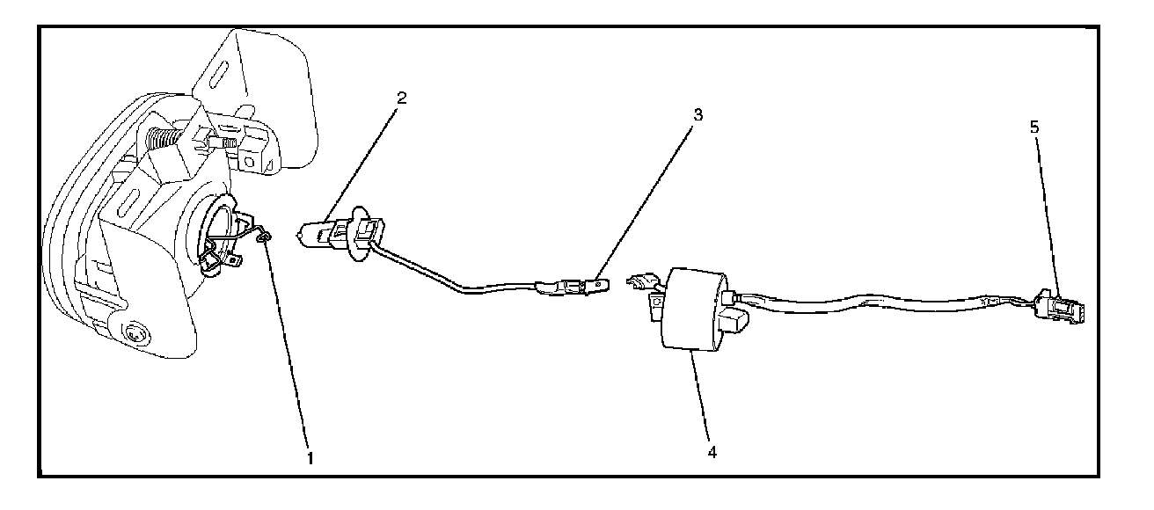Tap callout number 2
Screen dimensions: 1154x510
coord(402,98)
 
